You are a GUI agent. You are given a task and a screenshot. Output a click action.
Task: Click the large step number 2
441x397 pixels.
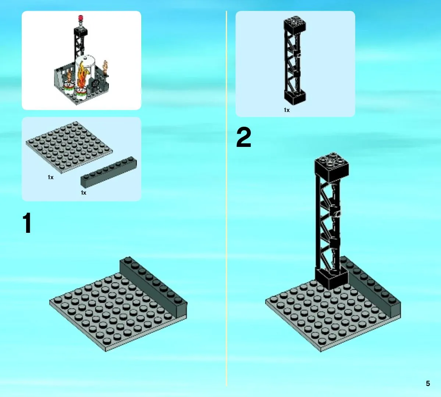(x=243, y=137)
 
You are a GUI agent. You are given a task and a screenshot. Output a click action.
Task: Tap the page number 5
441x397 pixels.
(x=428, y=383)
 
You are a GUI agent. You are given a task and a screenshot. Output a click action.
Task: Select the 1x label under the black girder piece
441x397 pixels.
(x=287, y=110)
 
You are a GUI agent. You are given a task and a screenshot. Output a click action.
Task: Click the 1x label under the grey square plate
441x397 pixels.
(x=51, y=177)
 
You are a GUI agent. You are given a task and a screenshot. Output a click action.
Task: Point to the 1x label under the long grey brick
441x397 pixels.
(x=83, y=192)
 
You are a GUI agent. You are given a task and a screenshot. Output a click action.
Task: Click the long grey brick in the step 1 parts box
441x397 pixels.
(x=109, y=172)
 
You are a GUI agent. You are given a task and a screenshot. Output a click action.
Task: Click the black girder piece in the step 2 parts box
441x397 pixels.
(x=295, y=60)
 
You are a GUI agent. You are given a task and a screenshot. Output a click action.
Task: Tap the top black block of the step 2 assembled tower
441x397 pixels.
(x=332, y=167)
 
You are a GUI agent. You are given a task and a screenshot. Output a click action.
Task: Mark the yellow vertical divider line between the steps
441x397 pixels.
(x=227, y=198)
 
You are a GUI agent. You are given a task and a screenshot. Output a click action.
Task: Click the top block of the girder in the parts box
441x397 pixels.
(x=295, y=24)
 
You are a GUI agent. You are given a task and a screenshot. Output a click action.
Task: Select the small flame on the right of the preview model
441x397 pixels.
(x=106, y=67)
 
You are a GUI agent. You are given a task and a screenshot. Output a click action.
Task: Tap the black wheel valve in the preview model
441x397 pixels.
(x=96, y=83)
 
